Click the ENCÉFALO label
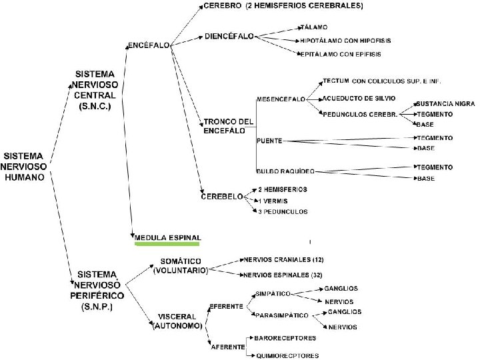(147, 46)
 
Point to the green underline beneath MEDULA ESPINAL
(167, 245)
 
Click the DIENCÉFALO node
(230, 35)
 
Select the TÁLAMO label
(314, 27)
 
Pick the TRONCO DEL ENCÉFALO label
(229, 126)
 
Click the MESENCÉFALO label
(281, 99)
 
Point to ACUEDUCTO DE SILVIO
(359, 98)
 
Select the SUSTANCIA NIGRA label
(444, 105)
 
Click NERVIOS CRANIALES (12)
(284, 259)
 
